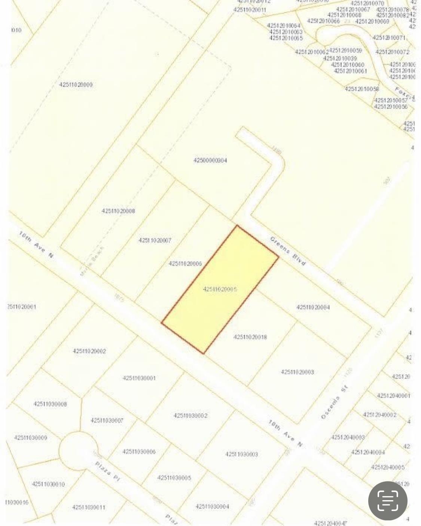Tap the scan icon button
[388, 501]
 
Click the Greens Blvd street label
[288, 251]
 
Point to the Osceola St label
[335, 402]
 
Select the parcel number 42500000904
[210, 161]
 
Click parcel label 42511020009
[76, 85]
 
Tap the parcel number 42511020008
[118, 211]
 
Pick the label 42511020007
[155, 240]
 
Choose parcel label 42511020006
[185, 264]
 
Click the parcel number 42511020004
[313, 307]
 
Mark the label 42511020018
[250, 337]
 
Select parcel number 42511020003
[297, 372]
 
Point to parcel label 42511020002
[89, 351]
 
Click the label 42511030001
[139, 378]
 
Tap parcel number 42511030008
[50, 404]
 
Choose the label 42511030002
[190, 416]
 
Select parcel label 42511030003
[241, 454]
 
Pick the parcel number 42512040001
[393, 396]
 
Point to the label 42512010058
[361, 89]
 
